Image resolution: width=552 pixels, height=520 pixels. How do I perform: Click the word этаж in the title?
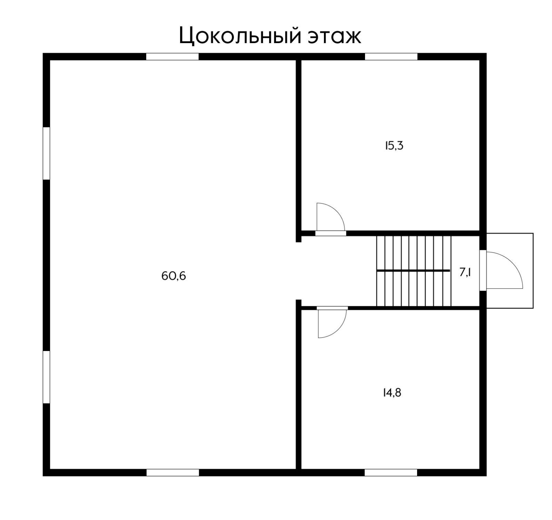tap(334, 37)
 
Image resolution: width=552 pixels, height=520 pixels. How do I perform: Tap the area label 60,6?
tap(174, 276)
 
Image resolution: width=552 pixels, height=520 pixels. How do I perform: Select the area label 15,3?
tap(394, 146)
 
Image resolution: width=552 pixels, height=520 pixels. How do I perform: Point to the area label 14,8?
tap(392, 393)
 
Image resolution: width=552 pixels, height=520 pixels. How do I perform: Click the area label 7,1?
tap(465, 272)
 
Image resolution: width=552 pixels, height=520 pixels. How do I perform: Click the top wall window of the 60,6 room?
tap(172, 57)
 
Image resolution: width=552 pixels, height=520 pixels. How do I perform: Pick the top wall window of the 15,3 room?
tap(391, 57)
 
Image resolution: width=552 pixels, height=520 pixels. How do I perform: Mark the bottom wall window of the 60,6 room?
tap(172, 472)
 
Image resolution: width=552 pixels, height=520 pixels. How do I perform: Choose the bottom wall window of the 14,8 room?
tap(391, 472)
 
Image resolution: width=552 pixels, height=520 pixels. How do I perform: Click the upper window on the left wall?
tap(46, 153)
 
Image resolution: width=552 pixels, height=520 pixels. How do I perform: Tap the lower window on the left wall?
tap(46, 377)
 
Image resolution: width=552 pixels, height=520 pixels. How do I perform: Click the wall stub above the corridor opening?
tap(299, 237)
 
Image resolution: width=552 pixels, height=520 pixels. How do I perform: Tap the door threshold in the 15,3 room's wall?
tap(331, 233)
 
